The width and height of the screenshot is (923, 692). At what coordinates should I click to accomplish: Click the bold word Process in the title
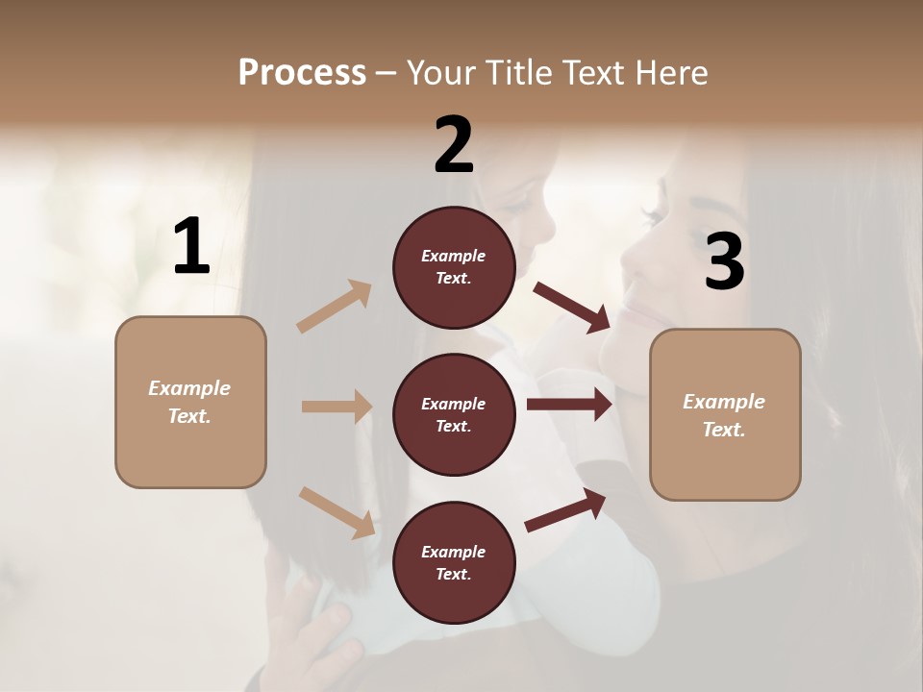click(302, 72)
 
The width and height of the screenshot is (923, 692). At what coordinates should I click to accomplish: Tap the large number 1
click(191, 247)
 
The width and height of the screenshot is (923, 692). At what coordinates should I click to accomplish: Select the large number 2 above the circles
click(454, 145)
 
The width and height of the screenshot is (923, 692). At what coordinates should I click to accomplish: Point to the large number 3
click(724, 262)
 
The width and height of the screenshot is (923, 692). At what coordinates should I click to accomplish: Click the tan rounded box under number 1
click(190, 402)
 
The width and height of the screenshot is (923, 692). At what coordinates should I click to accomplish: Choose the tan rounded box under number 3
click(725, 414)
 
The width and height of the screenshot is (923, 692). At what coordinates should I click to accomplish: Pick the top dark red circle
click(454, 267)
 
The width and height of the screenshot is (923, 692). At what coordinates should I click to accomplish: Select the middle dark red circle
click(454, 414)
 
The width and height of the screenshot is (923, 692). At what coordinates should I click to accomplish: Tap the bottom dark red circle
click(454, 562)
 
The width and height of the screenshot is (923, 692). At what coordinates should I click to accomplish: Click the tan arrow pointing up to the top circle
click(335, 307)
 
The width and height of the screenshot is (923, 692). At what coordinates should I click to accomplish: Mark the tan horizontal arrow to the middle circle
click(337, 407)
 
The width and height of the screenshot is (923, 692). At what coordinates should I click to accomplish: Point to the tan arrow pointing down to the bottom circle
click(337, 512)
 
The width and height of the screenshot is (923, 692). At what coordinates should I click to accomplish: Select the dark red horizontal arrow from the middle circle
click(569, 405)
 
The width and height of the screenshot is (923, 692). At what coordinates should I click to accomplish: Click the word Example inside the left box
click(189, 388)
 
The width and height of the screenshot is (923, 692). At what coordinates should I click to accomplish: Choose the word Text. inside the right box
click(724, 430)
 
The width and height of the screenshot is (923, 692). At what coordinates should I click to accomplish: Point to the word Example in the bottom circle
click(453, 552)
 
